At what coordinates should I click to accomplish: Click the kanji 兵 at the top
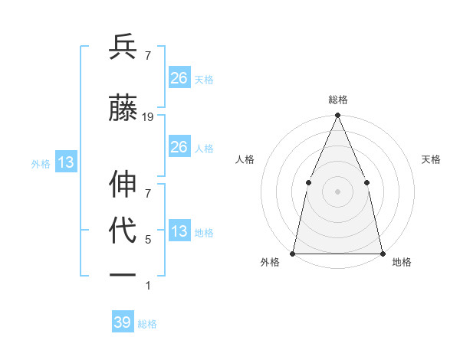click(123, 47)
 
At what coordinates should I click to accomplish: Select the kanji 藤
click(123, 108)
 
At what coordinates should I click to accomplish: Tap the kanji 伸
click(123, 185)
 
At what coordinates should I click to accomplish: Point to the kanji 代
click(123, 231)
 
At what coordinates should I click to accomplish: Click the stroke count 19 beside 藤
click(148, 117)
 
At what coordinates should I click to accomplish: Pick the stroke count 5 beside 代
click(148, 240)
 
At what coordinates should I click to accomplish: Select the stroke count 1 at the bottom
click(148, 286)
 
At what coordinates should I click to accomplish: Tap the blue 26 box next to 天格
click(179, 78)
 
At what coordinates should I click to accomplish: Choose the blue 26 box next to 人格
click(179, 147)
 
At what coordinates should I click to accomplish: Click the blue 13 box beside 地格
click(179, 231)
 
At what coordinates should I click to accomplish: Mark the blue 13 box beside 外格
click(65, 162)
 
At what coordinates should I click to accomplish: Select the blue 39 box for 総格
click(123, 322)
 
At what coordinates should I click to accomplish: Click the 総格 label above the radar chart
click(337, 100)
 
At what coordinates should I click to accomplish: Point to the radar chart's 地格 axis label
click(402, 262)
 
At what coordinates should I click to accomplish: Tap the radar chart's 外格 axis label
click(270, 262)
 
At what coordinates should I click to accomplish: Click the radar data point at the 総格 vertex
click(337, 116)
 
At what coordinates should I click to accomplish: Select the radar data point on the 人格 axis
click(308, 182)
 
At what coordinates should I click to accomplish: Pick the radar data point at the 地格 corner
click(382, 253)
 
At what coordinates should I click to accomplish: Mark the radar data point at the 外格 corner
click(293, 253)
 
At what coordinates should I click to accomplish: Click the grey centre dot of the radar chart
click(337, 191)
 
